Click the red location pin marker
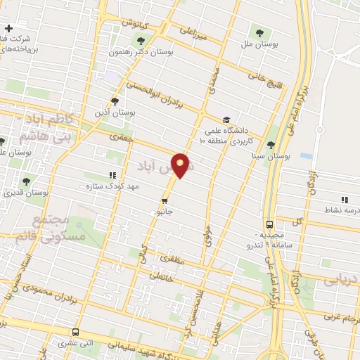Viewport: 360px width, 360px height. [x=182, y=165]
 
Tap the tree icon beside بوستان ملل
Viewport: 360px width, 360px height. [x=259, y=32]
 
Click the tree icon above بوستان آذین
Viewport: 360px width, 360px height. [x=115, y=101]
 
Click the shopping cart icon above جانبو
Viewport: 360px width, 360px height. [x=165, y=199]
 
